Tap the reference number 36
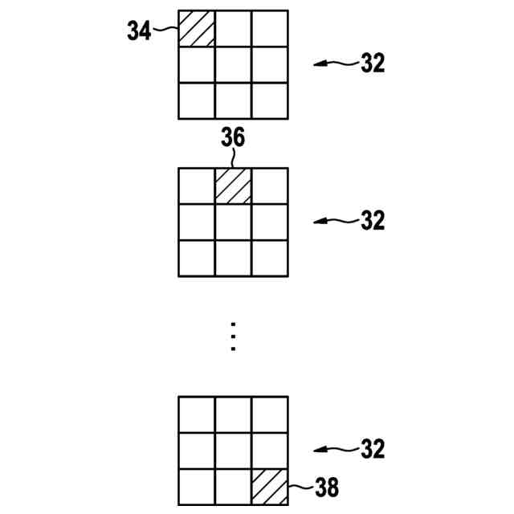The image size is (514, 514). [233, 138]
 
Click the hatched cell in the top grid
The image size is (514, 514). [196, 29]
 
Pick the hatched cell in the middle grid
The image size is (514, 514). [233, 186]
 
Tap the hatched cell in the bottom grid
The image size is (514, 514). [269, 487]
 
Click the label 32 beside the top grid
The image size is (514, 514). [372, 63]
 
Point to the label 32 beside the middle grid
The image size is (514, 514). [372, 220]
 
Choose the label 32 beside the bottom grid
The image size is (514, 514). [372, 448]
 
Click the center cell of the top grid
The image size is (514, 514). [233, 65]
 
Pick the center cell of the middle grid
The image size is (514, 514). [233, 222]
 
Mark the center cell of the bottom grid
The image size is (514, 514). [233, 451]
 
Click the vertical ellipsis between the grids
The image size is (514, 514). [233, 337]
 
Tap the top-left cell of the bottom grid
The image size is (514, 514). [196, 414]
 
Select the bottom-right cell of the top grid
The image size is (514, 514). [269, 101]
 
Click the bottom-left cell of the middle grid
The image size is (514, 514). [196, 259]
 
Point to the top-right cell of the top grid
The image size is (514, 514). [269, 29]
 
